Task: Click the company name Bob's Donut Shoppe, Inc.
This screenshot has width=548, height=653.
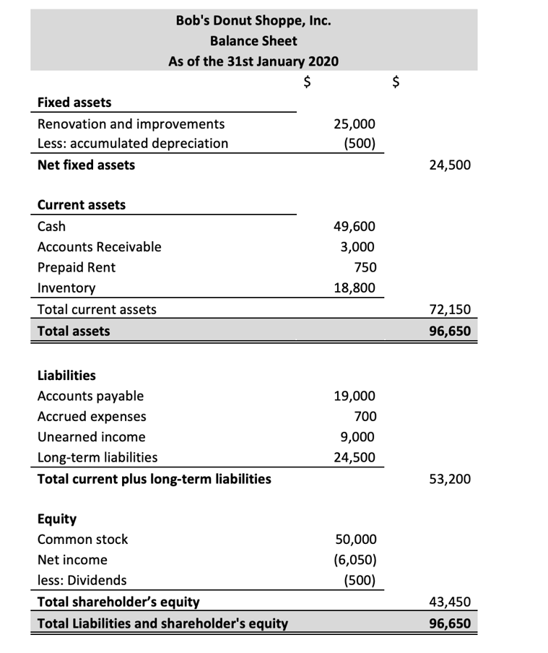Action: click(x=253, y=20)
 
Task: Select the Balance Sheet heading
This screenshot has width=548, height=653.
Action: click(x=253, y=40)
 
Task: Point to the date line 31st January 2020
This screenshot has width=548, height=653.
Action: click(x=253, y=61)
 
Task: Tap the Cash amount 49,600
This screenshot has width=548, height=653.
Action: click(x=354, y=226)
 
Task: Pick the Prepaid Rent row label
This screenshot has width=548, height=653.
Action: click(x=76, y=267)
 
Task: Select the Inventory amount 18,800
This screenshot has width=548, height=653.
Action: click(x=354, y=287)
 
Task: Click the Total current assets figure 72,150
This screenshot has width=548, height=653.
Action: click(x=450, y=310)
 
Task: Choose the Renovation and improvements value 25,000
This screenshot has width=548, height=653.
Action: click(x=354, y=124)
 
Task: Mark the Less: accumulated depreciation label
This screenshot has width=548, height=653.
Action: click(x=132, y=143)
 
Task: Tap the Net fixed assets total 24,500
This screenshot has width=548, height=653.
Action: click(x=450, y=165)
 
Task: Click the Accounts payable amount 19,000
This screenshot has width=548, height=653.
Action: click(x=354, y=396)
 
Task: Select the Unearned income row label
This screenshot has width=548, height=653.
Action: click(x=91, y=437)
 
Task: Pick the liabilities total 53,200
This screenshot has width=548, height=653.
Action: click(x=450, y=478)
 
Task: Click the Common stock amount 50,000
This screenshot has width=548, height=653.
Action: click(x=354, y=539)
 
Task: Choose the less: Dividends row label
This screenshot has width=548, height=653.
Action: click(x=82, y=580)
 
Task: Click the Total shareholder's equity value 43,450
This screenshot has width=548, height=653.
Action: click(x=450, y=601)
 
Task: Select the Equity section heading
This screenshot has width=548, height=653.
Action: click(x=56, y=519)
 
